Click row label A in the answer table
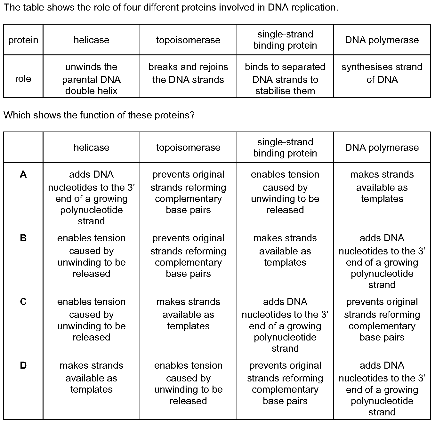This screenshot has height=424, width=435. click(23, 174)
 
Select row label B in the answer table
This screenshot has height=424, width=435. click(23, 238)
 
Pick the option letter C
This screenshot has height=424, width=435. click(23, 302)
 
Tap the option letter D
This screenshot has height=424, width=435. click(23, 365)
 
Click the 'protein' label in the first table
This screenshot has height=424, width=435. click(23, 40)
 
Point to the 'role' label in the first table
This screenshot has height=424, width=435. click(23, 79)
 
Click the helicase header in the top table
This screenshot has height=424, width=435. click(92, 40)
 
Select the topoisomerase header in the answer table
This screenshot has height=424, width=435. click(188, 148)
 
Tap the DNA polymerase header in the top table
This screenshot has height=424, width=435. click(382, 40)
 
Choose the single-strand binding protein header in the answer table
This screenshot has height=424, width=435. click(285, 148)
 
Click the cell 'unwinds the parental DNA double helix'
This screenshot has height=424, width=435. click(92, 79)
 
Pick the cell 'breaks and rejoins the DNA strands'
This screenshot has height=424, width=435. click(188, 73)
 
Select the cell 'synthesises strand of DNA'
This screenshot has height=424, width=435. click(382, 73)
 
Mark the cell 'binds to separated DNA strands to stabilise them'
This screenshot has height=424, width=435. click(285, 79)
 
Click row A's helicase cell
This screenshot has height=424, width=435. click(92, 197)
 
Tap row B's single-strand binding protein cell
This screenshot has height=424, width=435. click(285, 250)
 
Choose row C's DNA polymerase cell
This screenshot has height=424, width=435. click(382, 319)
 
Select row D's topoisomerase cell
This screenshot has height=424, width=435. click(188, 383)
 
